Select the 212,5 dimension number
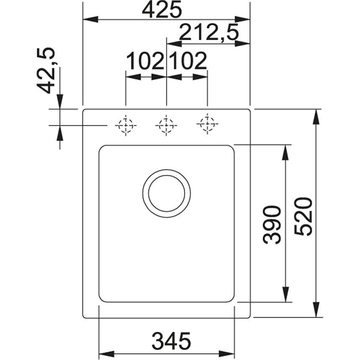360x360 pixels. pos(209,32)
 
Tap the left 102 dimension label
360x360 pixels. pos(145,61)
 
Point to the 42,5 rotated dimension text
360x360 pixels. pos(46,70)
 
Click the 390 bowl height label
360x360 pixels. pos(272,224)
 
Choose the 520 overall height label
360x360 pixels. pos(303,216)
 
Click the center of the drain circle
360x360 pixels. pos(167,193)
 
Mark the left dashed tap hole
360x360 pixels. pos(126,125)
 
